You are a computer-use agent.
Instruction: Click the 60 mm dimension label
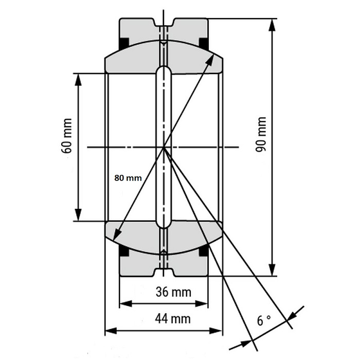(66, 136)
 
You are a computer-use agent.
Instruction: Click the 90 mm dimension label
(261, 134)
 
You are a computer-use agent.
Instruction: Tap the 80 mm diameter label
(128, 178)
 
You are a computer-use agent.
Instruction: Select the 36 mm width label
(173, 292)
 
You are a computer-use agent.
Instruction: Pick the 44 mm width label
(173, 319)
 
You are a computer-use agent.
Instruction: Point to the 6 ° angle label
(264, 320)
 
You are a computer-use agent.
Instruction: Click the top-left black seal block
(124, 43)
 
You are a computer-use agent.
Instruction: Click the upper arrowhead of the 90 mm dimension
(272, 25)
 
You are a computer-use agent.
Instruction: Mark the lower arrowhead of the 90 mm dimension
(272, 269)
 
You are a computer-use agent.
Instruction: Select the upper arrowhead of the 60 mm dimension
(79, 80)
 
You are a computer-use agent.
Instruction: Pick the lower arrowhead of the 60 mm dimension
(79, 214)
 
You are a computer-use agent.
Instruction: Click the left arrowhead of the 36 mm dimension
(126, 304)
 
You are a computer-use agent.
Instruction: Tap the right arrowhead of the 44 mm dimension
(216, 331)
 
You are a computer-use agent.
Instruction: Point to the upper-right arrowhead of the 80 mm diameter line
(210, 60)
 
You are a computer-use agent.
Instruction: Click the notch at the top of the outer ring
(164, 22)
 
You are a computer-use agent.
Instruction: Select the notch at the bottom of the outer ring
(164, 272)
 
